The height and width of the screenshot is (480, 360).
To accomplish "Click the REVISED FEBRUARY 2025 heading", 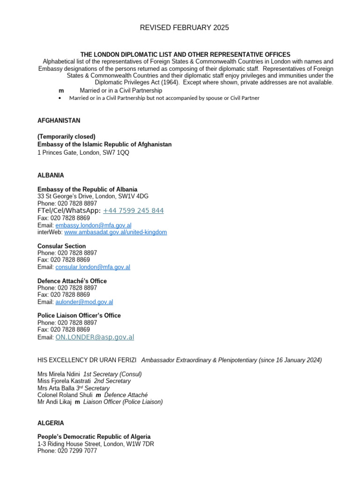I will coord(184,28).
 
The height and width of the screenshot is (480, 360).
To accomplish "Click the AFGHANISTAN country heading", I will coord(59,120).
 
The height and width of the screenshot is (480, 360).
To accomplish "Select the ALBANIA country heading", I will coord(51,175).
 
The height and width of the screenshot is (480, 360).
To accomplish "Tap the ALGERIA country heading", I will coord(51,423).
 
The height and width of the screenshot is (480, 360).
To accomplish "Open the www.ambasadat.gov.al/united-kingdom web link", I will coord(115,232).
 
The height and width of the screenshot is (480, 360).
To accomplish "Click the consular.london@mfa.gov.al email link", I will coord(93,267).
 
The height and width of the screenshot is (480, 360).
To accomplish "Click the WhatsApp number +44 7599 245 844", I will coord(133,211).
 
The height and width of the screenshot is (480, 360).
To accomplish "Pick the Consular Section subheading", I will coord(61,246).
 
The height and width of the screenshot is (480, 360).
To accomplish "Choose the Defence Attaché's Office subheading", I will coord(72,281).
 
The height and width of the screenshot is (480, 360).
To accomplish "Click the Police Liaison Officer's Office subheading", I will coord(79,315).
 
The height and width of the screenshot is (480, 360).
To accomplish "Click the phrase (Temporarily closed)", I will coord(67,136).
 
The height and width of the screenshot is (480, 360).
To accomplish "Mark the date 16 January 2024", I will coord(295,360).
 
